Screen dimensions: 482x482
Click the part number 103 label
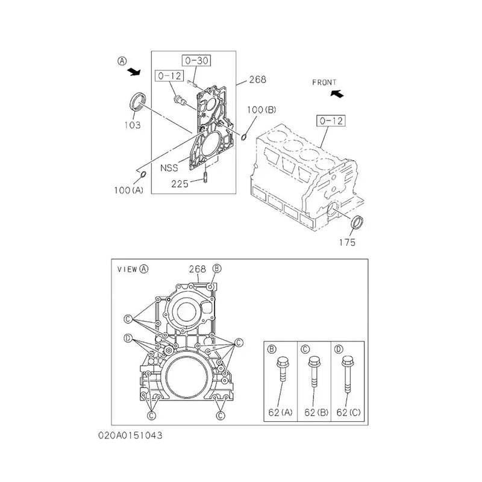coord(133,125)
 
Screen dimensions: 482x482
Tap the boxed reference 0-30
coord(196,60)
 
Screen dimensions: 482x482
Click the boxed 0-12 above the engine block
coord(329,121)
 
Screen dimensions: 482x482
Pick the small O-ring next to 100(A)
coord(142,175)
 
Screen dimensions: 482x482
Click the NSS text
coord(169,168)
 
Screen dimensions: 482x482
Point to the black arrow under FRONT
coord(337,93)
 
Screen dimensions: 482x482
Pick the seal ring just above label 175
coord(357,222)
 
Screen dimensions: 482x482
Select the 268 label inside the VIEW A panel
coord(197,269)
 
